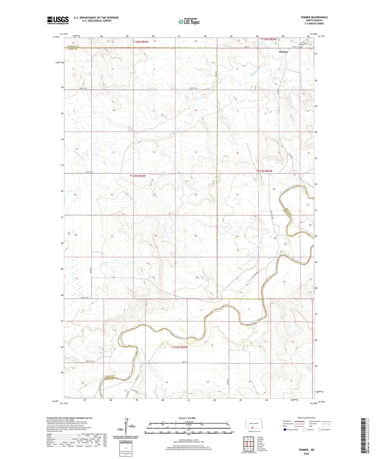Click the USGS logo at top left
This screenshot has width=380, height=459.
(x=58, y=20)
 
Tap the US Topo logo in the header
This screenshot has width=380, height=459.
(x=189, y=22)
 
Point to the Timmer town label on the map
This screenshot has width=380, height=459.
(x=283, y=52)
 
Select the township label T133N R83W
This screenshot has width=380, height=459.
(x=137, y=176)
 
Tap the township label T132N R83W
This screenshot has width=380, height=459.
(x=180, y=347)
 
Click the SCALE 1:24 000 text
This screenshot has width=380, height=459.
(x=187, y=418)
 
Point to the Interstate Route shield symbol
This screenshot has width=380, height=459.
(x=285, y=430)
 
